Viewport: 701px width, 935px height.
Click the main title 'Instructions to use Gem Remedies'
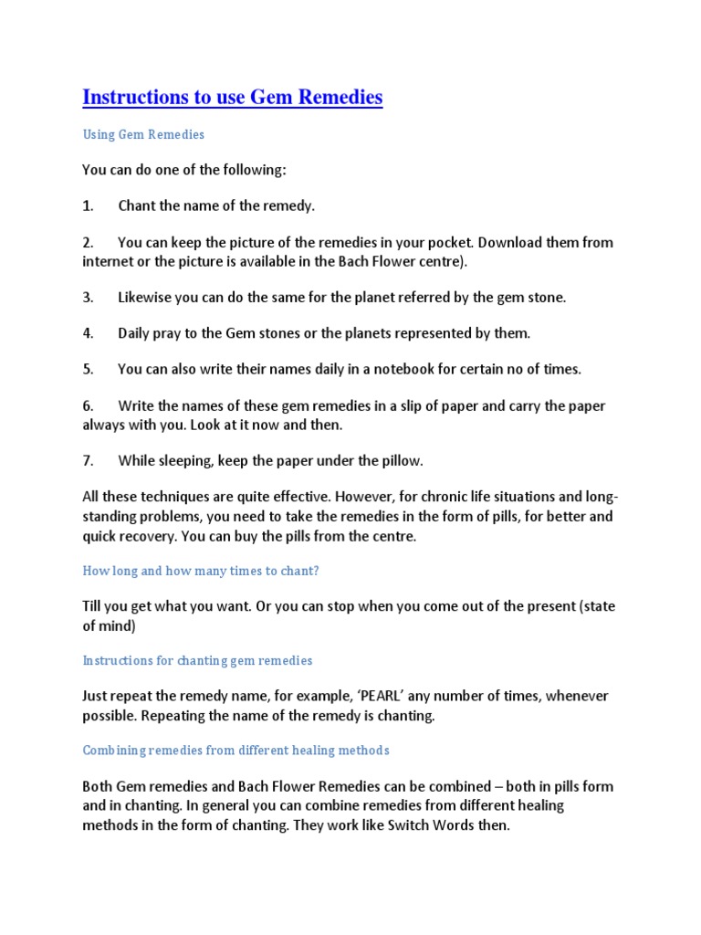click(x=232, y=97)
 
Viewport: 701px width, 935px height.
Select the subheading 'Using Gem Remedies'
click(x=143, y=134)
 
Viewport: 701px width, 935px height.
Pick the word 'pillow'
click(x=400, y=460)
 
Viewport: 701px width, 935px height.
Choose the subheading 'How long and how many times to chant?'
click(x=201, y=571)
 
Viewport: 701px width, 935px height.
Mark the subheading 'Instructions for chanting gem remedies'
click(x=197, y=660)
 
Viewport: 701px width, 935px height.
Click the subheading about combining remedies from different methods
click(x=235, y=750)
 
